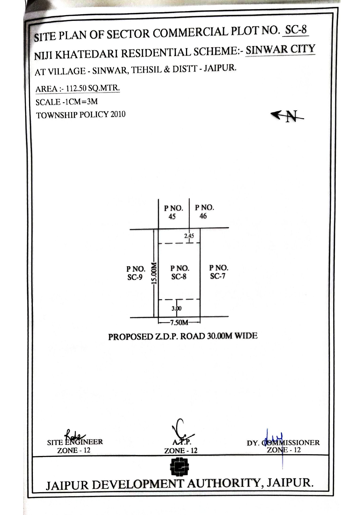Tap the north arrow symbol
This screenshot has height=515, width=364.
pos(287,116)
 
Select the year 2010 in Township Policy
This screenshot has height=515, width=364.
pos(118,114)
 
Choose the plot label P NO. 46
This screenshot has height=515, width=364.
pos(204,212)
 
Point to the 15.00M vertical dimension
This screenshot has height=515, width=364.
pos(154,273)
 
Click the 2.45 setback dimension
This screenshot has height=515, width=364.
pos(189,235)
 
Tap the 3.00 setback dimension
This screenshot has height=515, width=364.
pos(177,308)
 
